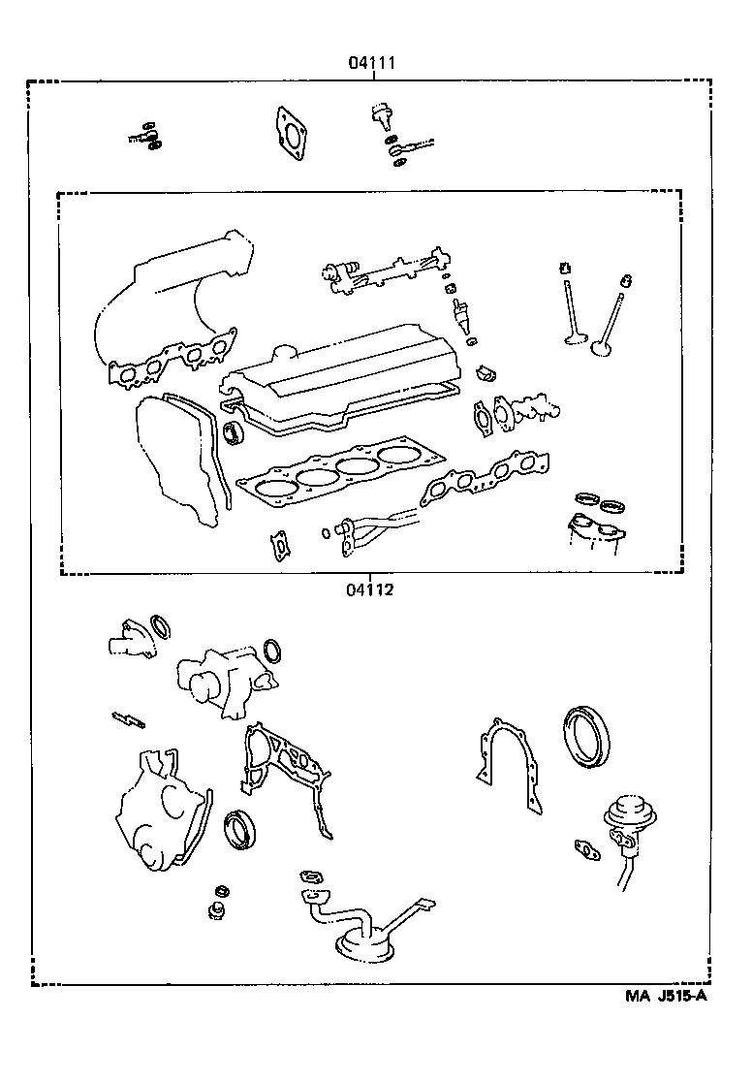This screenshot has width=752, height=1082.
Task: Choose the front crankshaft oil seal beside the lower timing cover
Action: (x=239, y=830)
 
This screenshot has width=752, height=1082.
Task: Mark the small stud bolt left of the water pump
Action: (x=128, y=719)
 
